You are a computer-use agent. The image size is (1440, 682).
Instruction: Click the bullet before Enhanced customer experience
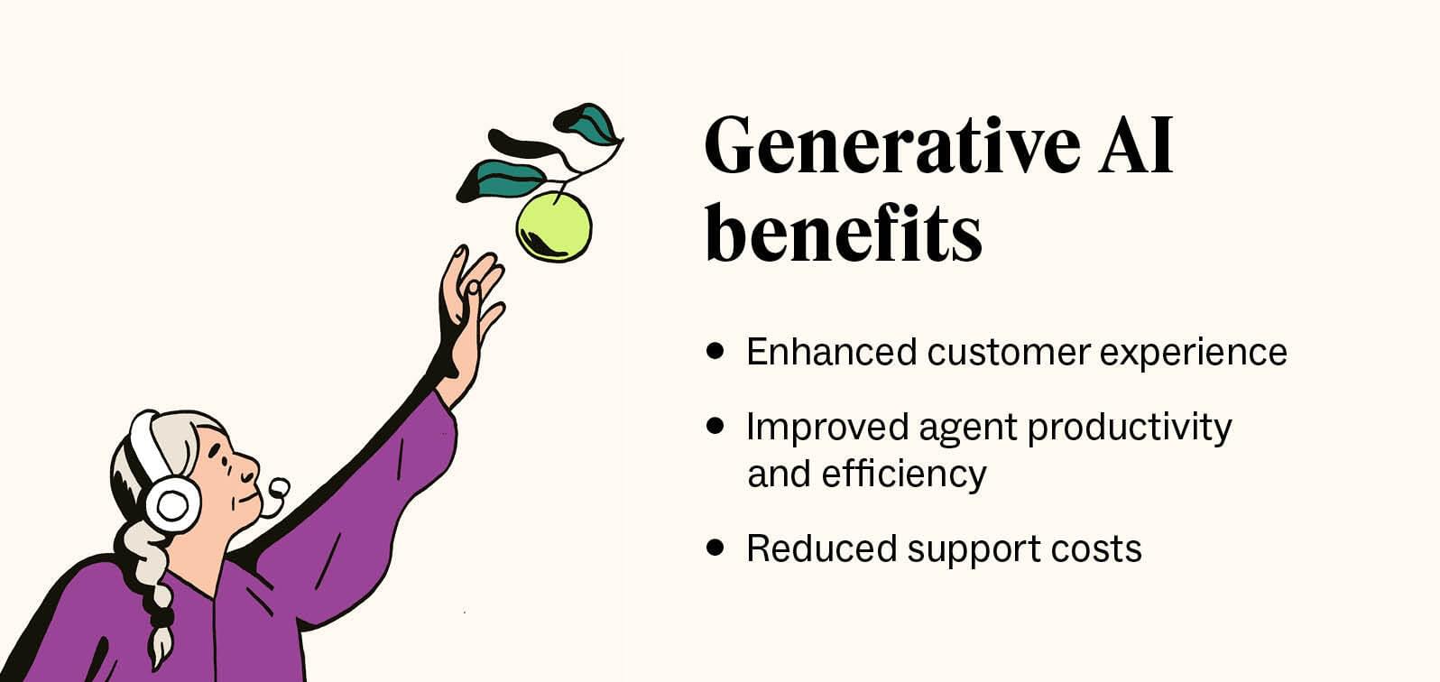(x=716, y=351)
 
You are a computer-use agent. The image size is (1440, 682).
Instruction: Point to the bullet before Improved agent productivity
(x=716, y=426)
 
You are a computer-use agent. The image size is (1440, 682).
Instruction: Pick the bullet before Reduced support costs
(x=716, y=548)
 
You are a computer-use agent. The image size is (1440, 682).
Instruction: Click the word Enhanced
(x=831, y=351)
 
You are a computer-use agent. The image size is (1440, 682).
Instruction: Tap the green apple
(x=553, y=226)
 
